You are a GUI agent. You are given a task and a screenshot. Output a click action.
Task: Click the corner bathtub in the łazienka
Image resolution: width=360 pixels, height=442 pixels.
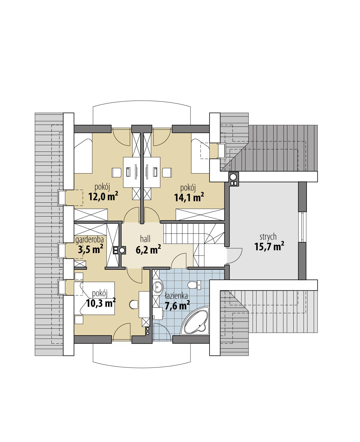(196, 322)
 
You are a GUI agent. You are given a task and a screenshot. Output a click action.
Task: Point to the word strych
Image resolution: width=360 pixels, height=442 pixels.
(268, 237)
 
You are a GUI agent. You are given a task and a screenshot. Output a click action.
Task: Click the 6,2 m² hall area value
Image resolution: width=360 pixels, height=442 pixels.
(148, 249)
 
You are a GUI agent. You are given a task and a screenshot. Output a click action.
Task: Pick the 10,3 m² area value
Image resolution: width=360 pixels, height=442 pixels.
(101, 303)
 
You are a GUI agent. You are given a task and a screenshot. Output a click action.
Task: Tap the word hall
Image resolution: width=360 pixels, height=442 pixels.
(145, 238)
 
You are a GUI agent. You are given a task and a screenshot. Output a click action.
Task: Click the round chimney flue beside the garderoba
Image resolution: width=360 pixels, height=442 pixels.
(122, 250)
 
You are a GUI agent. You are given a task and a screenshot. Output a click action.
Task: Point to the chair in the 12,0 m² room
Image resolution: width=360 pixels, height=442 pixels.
(116, 173)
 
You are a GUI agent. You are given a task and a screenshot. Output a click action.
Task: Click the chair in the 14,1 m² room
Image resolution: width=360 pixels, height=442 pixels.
(167, 173)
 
